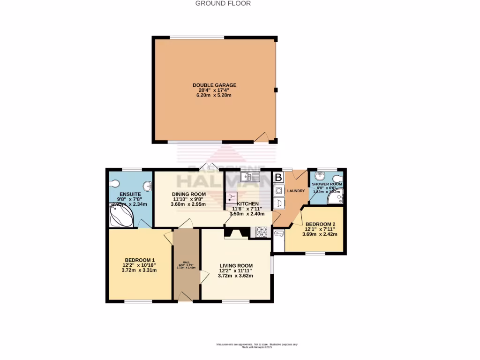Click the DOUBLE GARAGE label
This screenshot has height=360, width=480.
click(214, 85)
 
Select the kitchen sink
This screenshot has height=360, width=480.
click(250, 177)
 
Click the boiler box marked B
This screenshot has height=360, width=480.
click(278, 178)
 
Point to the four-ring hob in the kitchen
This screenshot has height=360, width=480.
click(261, 231)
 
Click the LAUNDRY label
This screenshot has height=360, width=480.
click(295, 191)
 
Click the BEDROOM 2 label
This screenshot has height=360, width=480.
click(319, 224)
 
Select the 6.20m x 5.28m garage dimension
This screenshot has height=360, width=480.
click(214, 95)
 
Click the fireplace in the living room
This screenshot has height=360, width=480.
click(236, 233)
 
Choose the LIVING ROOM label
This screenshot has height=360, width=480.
click(236, 265)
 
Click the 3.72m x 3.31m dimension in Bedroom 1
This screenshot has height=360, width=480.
click(139, 270)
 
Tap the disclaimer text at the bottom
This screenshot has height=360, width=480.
click(257, 345)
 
